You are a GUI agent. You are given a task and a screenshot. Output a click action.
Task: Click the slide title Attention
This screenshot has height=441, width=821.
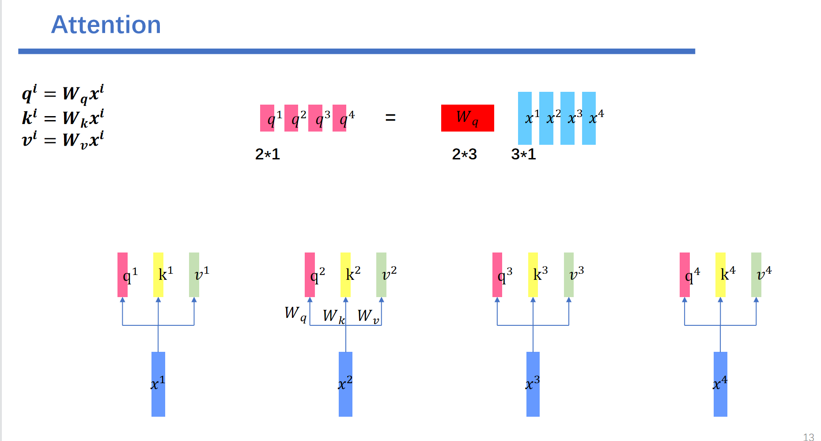[x=106, y=25]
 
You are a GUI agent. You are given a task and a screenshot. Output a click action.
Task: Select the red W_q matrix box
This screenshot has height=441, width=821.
[x=467, y=118]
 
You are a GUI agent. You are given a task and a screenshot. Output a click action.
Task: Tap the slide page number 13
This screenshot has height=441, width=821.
[x=808, y=437]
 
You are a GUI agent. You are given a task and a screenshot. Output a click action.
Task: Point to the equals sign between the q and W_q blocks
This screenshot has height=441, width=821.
[x=390, y=117]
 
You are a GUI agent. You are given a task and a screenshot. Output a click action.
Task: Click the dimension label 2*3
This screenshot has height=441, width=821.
[x=464, y=154]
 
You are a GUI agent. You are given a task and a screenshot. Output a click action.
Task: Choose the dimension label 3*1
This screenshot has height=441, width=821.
[x=523, y=154]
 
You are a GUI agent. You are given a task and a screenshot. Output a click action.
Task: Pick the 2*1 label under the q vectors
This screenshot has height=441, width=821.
[x=267, y=154]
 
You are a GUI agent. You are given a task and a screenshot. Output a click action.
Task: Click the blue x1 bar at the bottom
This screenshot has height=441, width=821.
[x=158, y=384]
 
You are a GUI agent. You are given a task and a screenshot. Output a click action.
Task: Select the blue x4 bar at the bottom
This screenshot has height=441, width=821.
[x=720, y=384]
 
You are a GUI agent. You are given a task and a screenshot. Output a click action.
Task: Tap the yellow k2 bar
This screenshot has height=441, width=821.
[x=345, y=275]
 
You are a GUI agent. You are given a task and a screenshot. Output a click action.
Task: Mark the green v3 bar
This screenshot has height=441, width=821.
[x=569, y=275]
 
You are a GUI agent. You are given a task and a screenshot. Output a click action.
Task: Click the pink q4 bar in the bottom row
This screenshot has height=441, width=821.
[x=685, y=275]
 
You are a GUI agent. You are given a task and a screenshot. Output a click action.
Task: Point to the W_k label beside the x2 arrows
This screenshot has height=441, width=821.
[x=333, y=316]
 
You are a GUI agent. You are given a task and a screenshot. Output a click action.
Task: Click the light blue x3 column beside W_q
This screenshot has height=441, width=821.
[x=568, y=118]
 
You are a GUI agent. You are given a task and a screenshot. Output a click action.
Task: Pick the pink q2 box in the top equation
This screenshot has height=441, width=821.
[x=291, y=118]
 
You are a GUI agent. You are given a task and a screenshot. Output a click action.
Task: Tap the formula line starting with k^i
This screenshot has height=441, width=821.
[x=63, y=118]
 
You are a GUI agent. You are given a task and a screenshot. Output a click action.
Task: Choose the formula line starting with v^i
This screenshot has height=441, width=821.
[x=63, y=139]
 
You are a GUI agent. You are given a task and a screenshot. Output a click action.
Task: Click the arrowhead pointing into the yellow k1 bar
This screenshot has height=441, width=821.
[x=158, y=300]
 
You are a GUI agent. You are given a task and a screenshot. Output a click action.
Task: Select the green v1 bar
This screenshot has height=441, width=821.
[x=194, y=275]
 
